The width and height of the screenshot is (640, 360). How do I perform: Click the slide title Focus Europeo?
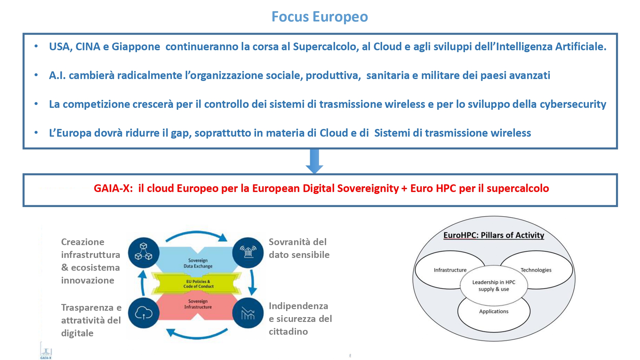tap(320, 17)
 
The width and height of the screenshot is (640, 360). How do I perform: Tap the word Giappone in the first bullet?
tap(136, 47)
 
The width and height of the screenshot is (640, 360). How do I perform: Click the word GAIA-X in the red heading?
tap(113, 188)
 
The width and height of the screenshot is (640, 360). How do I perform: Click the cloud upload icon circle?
tap(144, 313)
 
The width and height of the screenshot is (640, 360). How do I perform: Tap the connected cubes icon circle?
tap(144, 252)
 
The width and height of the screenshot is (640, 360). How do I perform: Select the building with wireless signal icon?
tap(248, 252)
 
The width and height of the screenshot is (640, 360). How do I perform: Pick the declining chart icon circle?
tap(248, 313)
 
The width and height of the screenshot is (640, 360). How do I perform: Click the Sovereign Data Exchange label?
tap(198, 263)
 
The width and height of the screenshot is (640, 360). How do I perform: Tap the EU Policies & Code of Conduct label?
tap(198, 284)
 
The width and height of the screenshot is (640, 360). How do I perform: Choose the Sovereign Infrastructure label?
tap(198, 304)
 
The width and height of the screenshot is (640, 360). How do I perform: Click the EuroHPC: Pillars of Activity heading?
tap(494, 235)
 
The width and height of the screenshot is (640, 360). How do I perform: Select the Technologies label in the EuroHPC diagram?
tap(536, 270)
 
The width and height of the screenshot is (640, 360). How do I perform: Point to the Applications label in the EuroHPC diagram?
tap(494, 311)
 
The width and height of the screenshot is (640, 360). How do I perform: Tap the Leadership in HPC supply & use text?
tap(494, 285)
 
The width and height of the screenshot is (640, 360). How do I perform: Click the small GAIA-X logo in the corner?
tap(46, 351)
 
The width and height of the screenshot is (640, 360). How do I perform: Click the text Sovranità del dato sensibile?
tap(299, 248)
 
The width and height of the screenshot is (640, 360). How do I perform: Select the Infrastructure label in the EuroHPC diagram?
tap(450, 270)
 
